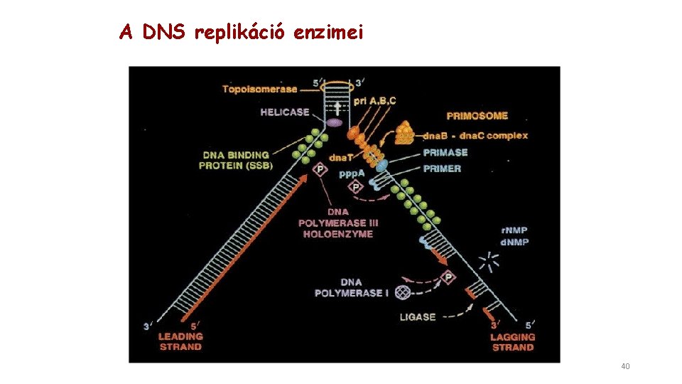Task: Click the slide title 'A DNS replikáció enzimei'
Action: pos(241,32)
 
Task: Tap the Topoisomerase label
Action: pos(259,89)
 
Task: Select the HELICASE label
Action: pos(284,112)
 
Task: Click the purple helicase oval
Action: pos(334,122)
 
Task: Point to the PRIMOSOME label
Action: pos(477,116)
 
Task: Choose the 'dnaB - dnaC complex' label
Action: pos(475,136)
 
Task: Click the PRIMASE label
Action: pos(445,152)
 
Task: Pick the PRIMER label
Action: pos(442,169)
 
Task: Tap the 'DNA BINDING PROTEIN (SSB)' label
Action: pos(236,160)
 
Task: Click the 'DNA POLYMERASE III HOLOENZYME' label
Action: pos(338,223)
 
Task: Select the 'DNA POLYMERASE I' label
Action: pos(352,287)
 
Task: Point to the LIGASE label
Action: pos(418,317)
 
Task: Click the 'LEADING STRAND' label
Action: pos(180,341)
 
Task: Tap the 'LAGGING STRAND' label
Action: pos(512,341)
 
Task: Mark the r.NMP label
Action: pos(514,230)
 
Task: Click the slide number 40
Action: pos(625,366)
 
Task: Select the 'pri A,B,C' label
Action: pos(375,101)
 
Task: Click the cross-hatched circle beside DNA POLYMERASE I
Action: pos(403,292)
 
